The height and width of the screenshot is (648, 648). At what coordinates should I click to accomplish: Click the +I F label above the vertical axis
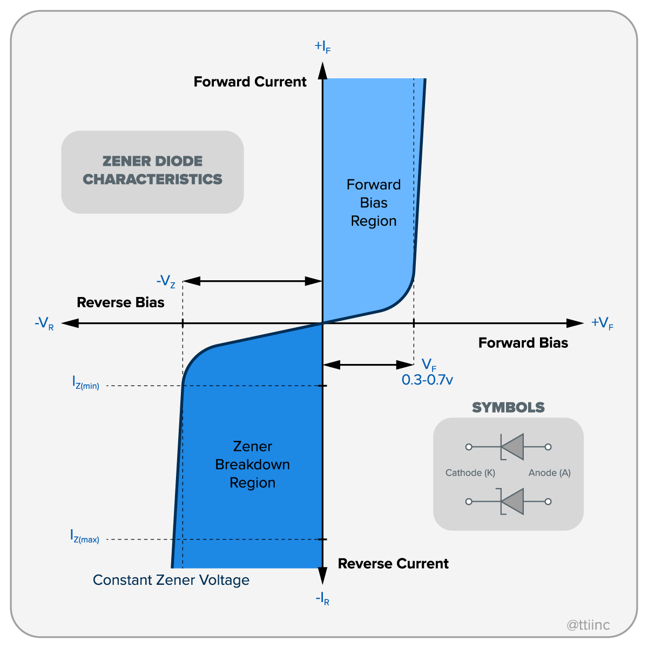point(322,46)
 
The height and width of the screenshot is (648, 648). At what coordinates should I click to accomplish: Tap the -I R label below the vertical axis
point(322,599)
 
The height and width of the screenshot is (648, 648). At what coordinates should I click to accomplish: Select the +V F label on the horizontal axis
point(602,323)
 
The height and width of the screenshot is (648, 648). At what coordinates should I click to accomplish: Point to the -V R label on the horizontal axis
point(44,324)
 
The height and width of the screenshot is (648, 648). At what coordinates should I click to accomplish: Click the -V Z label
point(166,281)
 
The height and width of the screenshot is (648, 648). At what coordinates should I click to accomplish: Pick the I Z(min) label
point(86,383)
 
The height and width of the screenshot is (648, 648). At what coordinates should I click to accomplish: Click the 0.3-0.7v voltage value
point(427,380)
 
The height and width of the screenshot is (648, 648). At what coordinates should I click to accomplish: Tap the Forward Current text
point(250,82)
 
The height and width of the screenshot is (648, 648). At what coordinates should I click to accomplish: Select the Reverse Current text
point(393,564)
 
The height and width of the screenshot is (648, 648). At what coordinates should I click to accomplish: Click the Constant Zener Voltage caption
point(171,580)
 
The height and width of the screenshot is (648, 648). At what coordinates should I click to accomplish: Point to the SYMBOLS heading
point(508,408)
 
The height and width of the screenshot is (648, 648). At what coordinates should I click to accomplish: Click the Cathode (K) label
point(470,473)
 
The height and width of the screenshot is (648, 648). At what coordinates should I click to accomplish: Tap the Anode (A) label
point(549,473)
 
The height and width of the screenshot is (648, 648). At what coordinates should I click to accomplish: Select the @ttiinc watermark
point(588,625)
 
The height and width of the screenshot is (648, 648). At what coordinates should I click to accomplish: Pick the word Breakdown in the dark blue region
point(253,464)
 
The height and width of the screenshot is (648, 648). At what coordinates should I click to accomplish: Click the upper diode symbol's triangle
point(514,447)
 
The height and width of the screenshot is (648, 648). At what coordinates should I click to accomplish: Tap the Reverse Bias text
point(120,302)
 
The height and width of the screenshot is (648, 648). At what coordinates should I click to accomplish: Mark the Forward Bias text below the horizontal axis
point(523,343)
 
